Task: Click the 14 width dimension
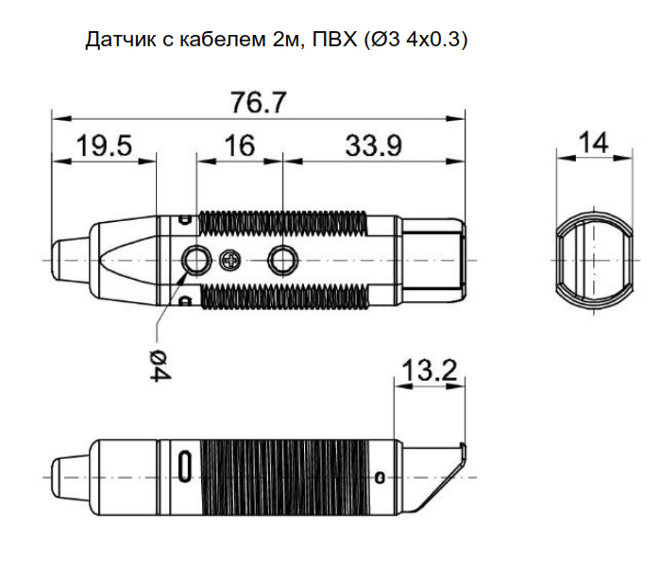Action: [x=592, y=144]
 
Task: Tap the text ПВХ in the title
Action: [x=332, y=41]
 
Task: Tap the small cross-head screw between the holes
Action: [x=229, y=260]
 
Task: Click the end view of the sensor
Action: [x=592, y=259]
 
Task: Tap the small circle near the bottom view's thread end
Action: [x=381, y=473]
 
